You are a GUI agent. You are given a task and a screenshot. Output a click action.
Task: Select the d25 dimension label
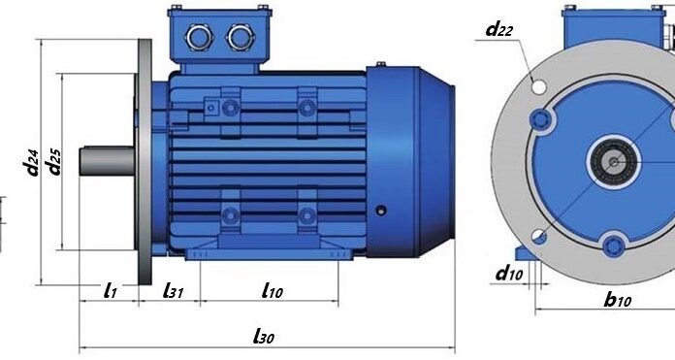pos(54,162)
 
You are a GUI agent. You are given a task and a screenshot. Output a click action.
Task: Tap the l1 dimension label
pos(111,291)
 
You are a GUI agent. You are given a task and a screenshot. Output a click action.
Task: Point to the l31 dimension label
pos(173,291)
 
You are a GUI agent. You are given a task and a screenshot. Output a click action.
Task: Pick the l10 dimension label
pos(273,291)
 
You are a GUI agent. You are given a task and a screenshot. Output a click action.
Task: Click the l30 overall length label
pos(264,336)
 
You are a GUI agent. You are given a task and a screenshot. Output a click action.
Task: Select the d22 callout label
pos(499,30)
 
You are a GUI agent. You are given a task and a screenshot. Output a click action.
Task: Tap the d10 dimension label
pos(510,273)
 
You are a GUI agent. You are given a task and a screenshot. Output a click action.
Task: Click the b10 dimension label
pos(618,299)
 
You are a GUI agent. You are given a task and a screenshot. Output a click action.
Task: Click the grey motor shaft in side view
pos(107,161)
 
